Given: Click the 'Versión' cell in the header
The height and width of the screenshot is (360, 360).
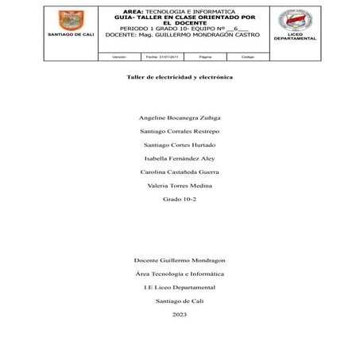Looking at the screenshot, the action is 118,56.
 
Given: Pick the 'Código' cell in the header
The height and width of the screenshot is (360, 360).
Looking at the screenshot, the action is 247,56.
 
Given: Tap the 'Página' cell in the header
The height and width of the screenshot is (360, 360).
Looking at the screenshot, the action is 205,56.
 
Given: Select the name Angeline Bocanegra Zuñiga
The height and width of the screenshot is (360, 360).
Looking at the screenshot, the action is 180,117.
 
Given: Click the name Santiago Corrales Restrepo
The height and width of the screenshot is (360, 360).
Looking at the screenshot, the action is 180,130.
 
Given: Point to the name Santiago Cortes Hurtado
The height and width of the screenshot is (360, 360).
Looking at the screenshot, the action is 180,145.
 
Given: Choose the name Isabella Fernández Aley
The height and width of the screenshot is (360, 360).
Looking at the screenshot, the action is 180,158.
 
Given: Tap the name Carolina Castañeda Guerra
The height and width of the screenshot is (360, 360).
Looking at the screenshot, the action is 180,172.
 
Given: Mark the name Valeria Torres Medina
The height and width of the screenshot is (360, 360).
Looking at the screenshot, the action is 180,185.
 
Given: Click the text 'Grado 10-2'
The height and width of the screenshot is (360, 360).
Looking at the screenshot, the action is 180,199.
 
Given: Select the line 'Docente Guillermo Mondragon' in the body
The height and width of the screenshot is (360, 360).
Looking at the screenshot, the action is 180,260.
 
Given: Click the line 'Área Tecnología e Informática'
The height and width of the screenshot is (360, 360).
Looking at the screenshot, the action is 180,273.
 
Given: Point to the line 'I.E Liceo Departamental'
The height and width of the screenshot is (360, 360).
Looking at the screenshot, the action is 180,287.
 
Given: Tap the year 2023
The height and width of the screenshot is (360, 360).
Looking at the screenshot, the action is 180,315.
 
